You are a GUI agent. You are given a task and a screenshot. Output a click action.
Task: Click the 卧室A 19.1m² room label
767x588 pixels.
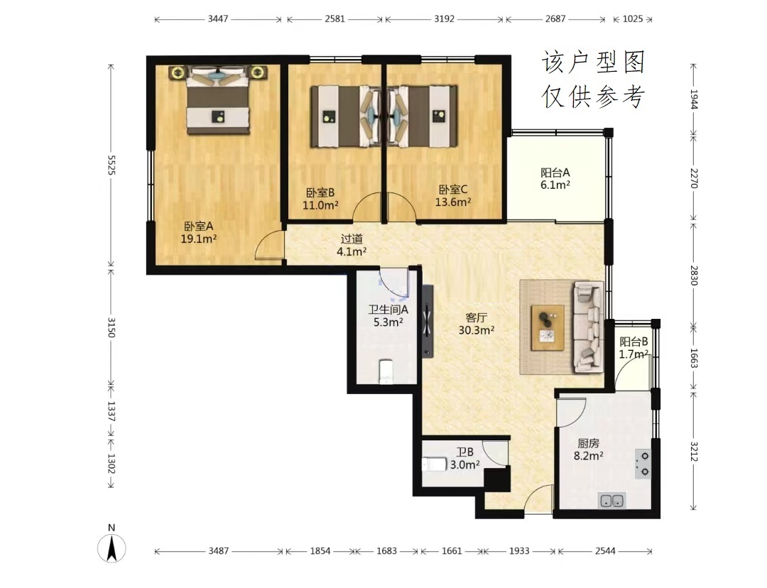point(199,233)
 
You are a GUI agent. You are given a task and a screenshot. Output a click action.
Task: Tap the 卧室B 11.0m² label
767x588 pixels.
point(320,199)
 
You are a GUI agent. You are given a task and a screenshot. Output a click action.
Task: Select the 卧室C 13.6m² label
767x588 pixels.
point(453,196)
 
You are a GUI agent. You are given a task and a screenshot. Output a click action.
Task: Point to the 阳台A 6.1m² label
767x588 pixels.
point(555,178)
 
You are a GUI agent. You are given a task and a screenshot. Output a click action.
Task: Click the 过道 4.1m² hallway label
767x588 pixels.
point(352,245)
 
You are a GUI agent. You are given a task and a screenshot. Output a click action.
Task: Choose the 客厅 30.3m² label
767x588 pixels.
point(476,324)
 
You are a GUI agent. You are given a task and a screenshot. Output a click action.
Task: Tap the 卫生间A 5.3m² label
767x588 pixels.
point(388,316)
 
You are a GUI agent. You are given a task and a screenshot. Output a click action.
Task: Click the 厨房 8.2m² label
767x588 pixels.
point(589,450)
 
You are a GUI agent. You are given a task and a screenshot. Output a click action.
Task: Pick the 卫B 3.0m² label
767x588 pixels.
point(464,458)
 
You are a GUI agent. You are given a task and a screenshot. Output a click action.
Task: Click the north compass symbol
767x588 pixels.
point(111,544)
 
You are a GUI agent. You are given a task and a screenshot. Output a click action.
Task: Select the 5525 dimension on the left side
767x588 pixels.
point(111,165)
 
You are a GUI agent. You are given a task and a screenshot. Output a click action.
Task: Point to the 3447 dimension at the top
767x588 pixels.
point(218,19)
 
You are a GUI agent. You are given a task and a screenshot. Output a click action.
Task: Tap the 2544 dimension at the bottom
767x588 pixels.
point(605,551)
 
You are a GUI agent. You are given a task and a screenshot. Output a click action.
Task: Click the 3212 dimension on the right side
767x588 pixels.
point(694,451)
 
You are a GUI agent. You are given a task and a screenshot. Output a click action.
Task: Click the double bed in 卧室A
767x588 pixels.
point(218,101)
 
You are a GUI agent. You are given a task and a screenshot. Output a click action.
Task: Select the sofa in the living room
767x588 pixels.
point(589,326)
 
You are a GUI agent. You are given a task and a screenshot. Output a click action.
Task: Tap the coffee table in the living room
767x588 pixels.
point(548,328)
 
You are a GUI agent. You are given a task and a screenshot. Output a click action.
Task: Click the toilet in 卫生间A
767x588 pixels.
point(386,372)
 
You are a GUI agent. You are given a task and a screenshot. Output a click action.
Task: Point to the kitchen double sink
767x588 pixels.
point(611,501)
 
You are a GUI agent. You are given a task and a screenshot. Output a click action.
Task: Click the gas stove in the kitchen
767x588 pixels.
point(643,463)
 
